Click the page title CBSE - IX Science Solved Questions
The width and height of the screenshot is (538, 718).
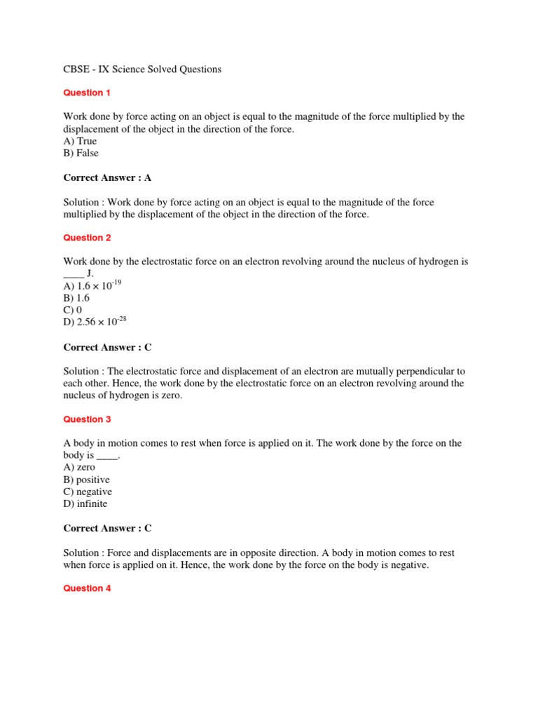[x=142, y=69]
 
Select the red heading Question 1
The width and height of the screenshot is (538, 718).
[x=87, y=93]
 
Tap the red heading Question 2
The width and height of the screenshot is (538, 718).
[x=87, y=238]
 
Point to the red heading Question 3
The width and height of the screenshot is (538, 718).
[x=87, y=419]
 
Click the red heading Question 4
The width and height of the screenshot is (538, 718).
[x=87, y=588]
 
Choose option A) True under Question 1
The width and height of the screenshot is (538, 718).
[x=80, y=141]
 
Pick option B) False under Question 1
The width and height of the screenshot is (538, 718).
[x=81, y=153]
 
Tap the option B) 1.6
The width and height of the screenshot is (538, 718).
[x=76, y=298]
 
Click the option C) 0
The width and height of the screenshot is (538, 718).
[x=73, y=310]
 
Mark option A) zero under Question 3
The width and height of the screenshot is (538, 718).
[x=79, y=468]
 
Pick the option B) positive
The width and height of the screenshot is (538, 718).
[x=86, y=480]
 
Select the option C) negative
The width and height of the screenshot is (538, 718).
[x=88, y=492]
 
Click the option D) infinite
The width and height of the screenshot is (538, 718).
[x=85, y=503]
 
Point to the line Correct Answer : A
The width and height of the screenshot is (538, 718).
[x=107, y=177]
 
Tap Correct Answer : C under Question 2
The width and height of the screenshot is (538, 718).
[x=107, y=347]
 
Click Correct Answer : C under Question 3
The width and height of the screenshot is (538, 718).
[x=107, y=528]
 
